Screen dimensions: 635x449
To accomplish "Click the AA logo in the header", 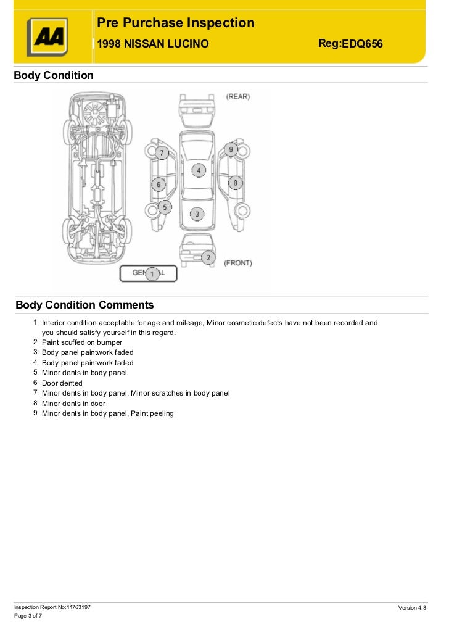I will tap(46, 37).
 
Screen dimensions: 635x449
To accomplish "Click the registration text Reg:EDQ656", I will tap(350, 43).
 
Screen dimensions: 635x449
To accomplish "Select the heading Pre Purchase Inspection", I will tap(176, 23).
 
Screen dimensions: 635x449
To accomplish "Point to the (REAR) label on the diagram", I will tap(237, 97).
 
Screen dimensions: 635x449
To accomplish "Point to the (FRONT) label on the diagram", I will tap(237, 263).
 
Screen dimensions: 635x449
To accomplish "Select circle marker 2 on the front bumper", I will tap(208, 257).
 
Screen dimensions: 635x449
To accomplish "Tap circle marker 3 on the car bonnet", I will tap(197, 214).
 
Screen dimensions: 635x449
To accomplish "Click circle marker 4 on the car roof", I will tap(199, 170).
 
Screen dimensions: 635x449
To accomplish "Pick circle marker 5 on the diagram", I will tap(164, 208).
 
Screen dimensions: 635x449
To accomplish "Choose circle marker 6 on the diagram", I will tap(158, 184).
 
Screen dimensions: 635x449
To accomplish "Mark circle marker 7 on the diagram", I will tap(161, 152).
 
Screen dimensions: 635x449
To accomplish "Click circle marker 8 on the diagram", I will tap(235, 183).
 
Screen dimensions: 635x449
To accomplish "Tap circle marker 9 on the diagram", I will tap(231, 149).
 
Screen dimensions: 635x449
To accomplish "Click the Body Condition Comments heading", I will tap(84, 305).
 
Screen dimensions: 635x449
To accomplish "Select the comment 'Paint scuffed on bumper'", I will tap(82, 342).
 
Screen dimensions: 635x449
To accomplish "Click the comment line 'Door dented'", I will tap(62, 383).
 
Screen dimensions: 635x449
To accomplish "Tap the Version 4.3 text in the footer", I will tap(412, 608).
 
